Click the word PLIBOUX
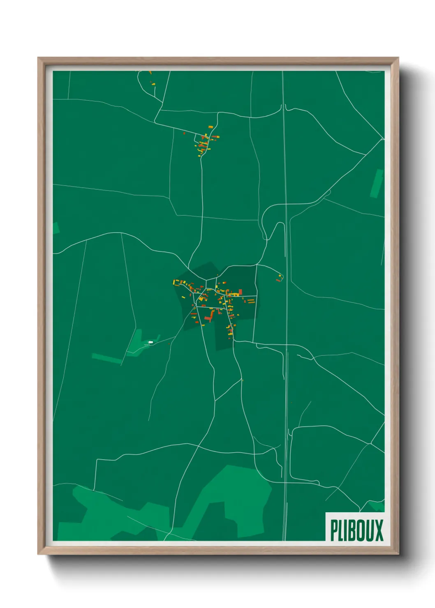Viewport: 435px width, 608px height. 356,530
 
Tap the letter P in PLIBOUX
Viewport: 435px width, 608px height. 334,530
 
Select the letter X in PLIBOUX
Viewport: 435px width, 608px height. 379,530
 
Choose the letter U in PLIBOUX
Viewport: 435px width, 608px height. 369,530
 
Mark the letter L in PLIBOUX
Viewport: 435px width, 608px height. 341,530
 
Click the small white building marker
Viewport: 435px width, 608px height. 150,342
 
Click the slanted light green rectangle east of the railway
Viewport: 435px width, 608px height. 377,183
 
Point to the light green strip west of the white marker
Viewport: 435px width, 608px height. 106,358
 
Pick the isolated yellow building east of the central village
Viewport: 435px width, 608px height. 280,276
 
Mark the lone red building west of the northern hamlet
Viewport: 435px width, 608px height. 184,133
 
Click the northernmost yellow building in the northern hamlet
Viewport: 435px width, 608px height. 211,127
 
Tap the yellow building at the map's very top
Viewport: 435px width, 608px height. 150,73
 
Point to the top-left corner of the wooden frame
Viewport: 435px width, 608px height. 38,58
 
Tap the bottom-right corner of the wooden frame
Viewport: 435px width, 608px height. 398,555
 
